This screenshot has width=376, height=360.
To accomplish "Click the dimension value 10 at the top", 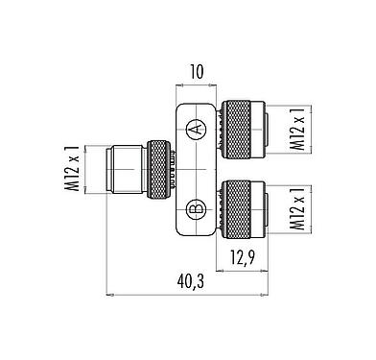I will point(197,70).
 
